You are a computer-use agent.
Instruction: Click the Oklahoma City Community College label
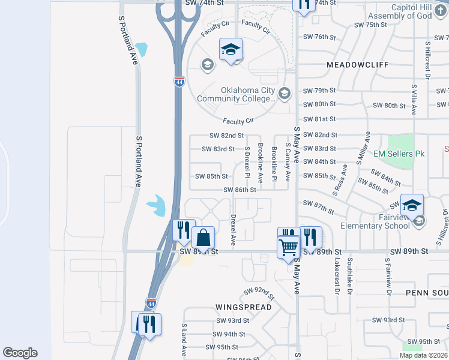coord(248,95)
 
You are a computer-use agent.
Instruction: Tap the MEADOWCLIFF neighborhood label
coord(358,64)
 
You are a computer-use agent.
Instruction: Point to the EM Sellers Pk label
coord(399,154)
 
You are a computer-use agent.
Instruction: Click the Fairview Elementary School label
coord(374,221)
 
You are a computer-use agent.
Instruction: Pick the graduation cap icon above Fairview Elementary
coord(412,205)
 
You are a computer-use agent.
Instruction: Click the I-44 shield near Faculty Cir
coord(179,82)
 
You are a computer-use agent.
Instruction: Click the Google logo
coord(20,353)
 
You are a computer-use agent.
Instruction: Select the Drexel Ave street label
coord(234,230)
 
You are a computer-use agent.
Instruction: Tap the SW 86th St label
coord(240,190)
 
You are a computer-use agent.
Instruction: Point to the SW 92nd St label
coord(259,293)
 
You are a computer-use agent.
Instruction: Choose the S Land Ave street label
coord(184,340)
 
